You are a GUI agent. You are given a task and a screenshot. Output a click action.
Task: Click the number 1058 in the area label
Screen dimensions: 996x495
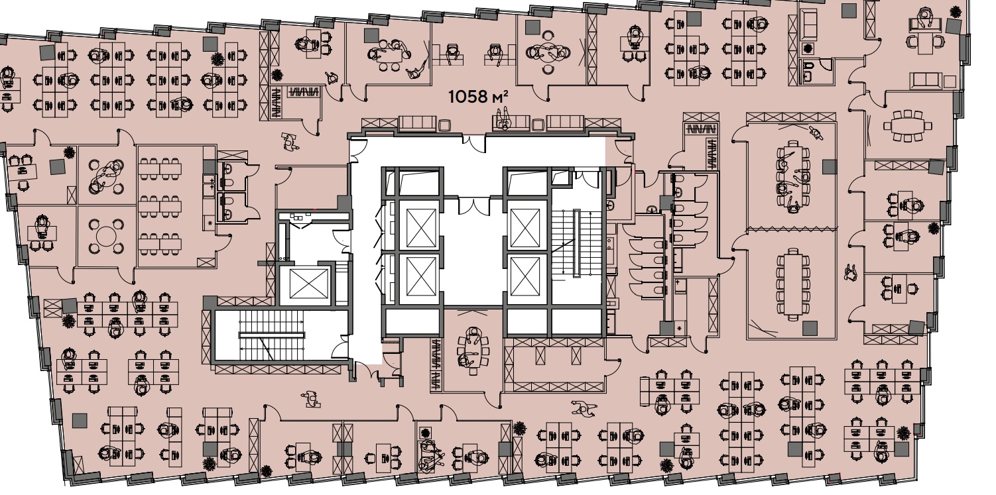coord(468,97)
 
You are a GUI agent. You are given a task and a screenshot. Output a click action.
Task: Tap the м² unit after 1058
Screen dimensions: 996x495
coord(501,97)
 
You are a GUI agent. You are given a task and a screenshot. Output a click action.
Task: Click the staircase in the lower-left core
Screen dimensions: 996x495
coord(272,335)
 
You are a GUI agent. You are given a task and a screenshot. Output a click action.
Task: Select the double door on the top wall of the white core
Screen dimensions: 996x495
coord(473,145)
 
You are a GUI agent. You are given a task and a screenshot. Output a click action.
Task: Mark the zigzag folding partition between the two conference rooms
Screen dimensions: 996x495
coord(790,229)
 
